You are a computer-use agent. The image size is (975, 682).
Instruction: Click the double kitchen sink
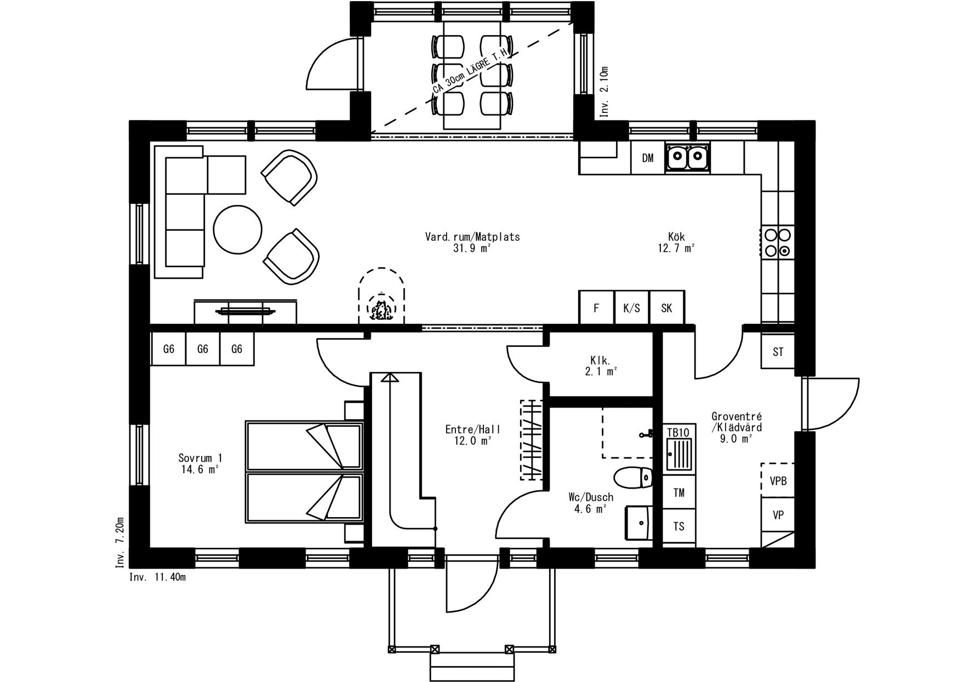[688, 158]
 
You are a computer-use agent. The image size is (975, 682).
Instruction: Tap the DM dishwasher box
[648, 158]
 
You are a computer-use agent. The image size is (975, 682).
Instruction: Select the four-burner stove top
[778, 242]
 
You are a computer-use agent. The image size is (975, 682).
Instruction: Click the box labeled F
[596, 307]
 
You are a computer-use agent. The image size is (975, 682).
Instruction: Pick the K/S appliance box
[631, 307]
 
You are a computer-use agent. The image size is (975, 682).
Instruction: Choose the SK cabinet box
[666, 307]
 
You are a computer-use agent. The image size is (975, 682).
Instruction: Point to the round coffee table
[237, 229]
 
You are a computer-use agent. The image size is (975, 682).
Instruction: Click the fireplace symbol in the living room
[383, 297]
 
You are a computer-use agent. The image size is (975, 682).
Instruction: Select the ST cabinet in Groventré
[778, 351]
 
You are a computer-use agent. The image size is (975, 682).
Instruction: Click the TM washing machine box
[679, 492]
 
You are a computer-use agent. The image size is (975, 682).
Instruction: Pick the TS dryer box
[679, 526]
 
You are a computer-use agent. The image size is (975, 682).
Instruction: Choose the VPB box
[778, 480]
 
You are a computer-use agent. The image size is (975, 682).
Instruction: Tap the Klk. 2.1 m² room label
[601, 366]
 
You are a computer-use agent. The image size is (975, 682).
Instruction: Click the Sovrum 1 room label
[200, 463]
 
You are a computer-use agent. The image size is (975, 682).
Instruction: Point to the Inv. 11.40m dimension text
[157, 577]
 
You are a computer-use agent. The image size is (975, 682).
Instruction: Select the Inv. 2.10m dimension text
[605, 91]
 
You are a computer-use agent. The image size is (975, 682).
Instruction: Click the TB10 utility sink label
[678, 432]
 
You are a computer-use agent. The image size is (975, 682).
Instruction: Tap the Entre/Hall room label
[473, 435]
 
